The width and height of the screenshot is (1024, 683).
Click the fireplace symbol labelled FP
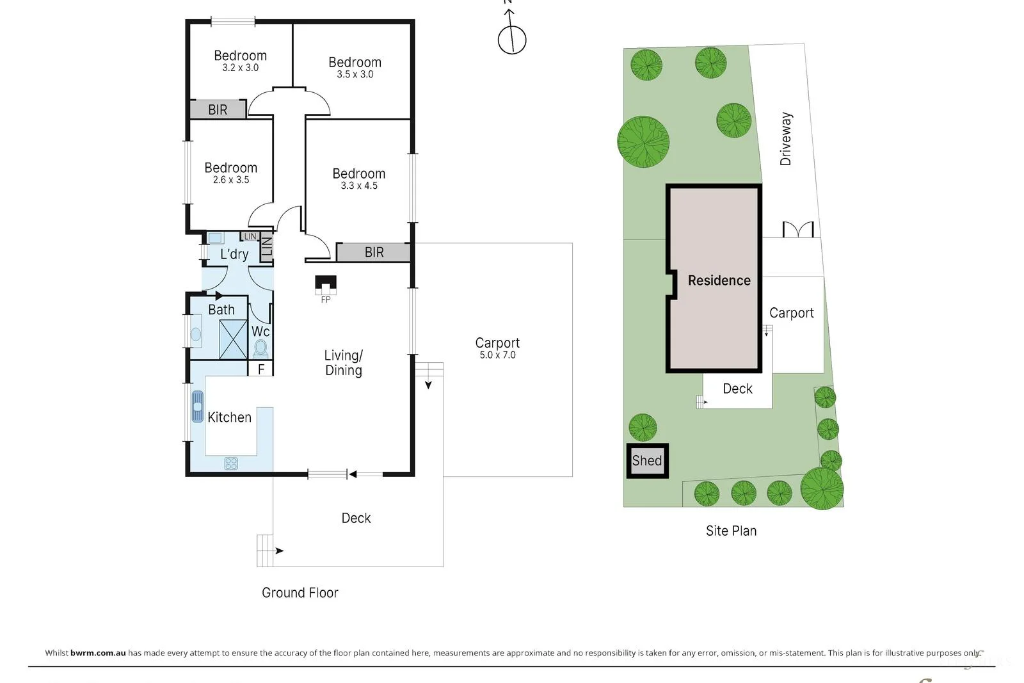(326, 285)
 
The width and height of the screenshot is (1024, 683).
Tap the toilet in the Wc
(260, 348)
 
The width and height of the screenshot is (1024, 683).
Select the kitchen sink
(198, 406)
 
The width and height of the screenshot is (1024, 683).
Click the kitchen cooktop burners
(231, 463)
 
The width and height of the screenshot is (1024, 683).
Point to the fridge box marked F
(260, 369)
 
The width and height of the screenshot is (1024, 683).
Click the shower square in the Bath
(233, 340)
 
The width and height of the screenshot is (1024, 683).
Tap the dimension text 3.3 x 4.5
(359, 186)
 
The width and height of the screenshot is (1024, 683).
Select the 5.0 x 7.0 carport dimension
(497, 355)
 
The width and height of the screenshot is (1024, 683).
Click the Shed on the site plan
(647, 461)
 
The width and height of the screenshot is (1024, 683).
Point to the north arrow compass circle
(512, 40)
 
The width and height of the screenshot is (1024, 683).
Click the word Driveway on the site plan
(786, 138)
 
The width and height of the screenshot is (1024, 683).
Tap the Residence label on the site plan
(719, 280)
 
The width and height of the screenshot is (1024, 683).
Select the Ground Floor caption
(300, 593)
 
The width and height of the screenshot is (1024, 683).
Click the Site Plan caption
(731, 531)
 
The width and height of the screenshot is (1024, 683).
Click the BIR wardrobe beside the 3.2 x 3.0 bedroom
(218, 109)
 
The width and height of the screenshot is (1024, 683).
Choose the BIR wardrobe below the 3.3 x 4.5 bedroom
(373, 252)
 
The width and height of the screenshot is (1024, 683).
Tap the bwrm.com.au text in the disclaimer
(98, 653)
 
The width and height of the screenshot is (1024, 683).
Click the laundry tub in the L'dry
(215, 237)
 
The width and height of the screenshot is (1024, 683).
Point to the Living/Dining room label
(343, 362)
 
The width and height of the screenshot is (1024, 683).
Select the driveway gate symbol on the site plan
(798, 230)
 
